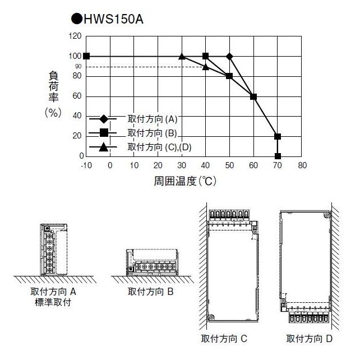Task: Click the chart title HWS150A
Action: (x=111, y=20)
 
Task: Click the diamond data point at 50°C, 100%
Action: (x=229, y=56)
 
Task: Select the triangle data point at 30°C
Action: (x=182, y=56)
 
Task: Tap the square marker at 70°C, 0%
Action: (x=278, y=156)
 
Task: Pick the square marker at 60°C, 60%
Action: (x=253, y=96)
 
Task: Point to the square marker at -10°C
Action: (x=86, y=56)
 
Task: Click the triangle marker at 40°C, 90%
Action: (x=205, y=67)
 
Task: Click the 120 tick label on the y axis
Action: (x=75, y=36)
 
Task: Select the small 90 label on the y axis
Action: (x=79, y=66)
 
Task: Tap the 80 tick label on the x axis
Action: (x=302, y=165)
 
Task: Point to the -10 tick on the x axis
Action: (x=86, y=165)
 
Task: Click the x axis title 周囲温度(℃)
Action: (x=185, y=182)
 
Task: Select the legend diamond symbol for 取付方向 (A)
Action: (x=104, y=119)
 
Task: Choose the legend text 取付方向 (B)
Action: (x=153, y=133)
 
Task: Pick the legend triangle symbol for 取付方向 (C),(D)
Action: (x=104, y=147)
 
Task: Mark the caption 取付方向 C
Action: (x=224, y=339)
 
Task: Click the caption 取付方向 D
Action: (x=310, y=339)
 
